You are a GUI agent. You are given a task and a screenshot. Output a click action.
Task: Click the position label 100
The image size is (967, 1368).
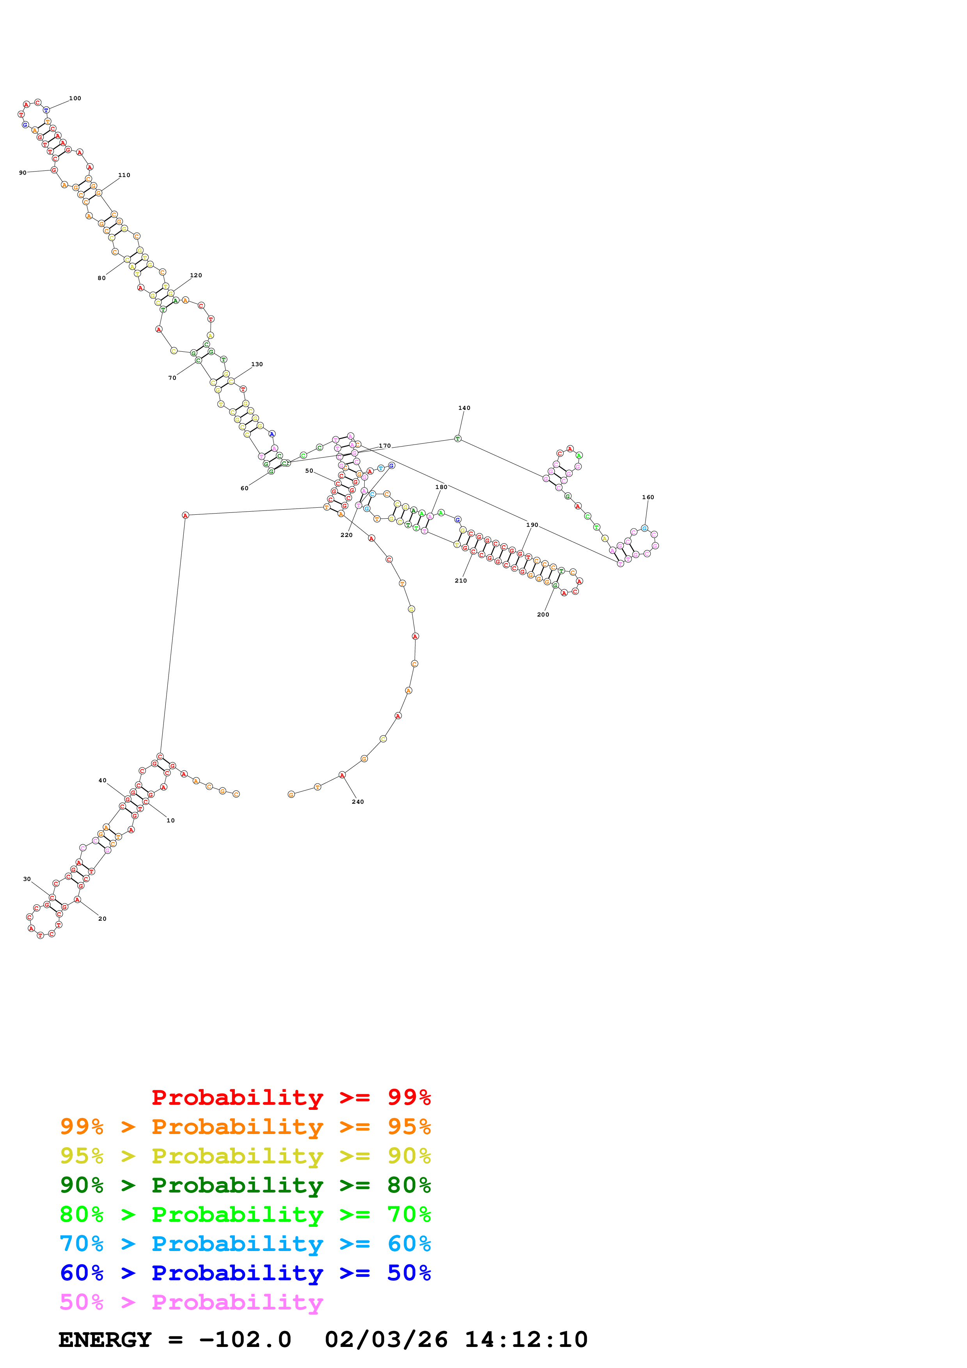click(x=75, y=98)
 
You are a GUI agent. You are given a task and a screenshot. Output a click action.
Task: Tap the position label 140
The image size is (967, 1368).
click(x=464, y=408)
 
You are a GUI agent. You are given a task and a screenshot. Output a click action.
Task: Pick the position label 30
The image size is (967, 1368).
click(x=27, y=879)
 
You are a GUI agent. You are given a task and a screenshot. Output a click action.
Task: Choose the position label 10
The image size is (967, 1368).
click(x=170, y=820)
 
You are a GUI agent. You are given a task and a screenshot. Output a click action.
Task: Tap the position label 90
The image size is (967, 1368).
click(x=23, y=173)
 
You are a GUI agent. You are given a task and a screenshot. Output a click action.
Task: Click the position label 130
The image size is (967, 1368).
click(x=257, y=364)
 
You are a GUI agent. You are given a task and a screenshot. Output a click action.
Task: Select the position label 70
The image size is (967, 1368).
click(x=172, y=378)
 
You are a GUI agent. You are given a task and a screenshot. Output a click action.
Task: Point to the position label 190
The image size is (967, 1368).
click(x=532, y=525)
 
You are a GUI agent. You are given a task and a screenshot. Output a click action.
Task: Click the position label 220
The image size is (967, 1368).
click(x=346, y=535)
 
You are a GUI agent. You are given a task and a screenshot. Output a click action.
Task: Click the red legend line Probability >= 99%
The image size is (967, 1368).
click(x=291, y=1097)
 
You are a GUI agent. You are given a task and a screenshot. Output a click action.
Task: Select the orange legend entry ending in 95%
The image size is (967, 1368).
click(x=245, y=1127)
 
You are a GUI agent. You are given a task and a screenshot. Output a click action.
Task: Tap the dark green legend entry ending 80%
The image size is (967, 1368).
click(x=245, y=1185)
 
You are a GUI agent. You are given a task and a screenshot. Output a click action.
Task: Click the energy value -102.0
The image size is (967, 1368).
click(x=245, y=1340)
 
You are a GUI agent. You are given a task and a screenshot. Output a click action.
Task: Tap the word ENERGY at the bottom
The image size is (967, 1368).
click(x=105, y=1340)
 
